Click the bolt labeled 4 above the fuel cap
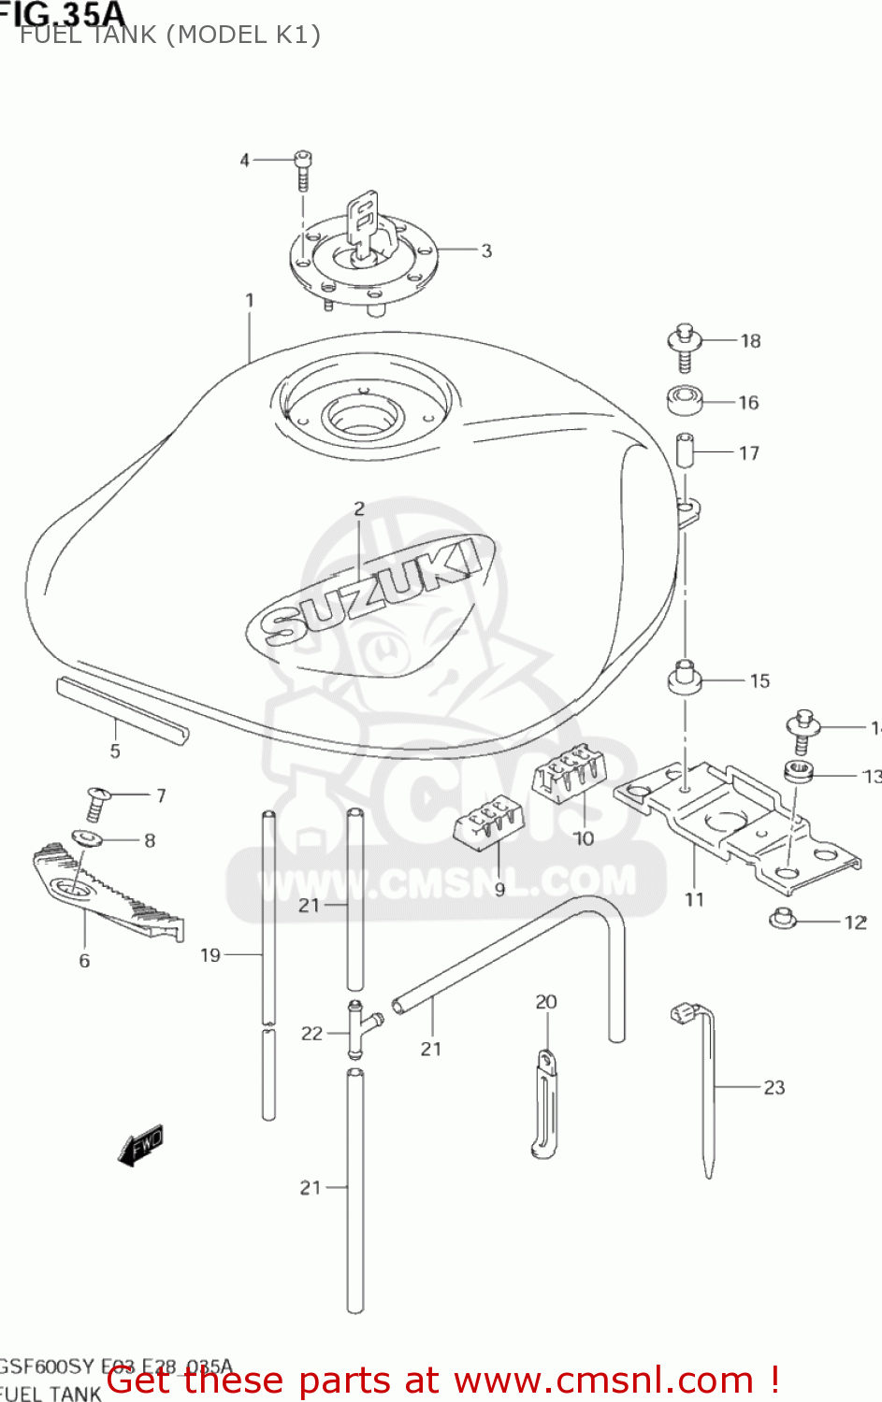pos(302,169)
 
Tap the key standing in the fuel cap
pos(363,221)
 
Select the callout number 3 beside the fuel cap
pos(486,250)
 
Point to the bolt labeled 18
pos(684,347)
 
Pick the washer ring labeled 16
pos(685,400)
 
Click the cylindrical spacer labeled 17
pos(686,451)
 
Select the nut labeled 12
pos(783,920)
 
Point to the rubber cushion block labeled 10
pos(569,773)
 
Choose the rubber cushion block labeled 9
pos(489,822)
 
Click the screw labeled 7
pos(95,803)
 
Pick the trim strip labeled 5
pos(122,710)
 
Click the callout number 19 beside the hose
pos(210,955)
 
